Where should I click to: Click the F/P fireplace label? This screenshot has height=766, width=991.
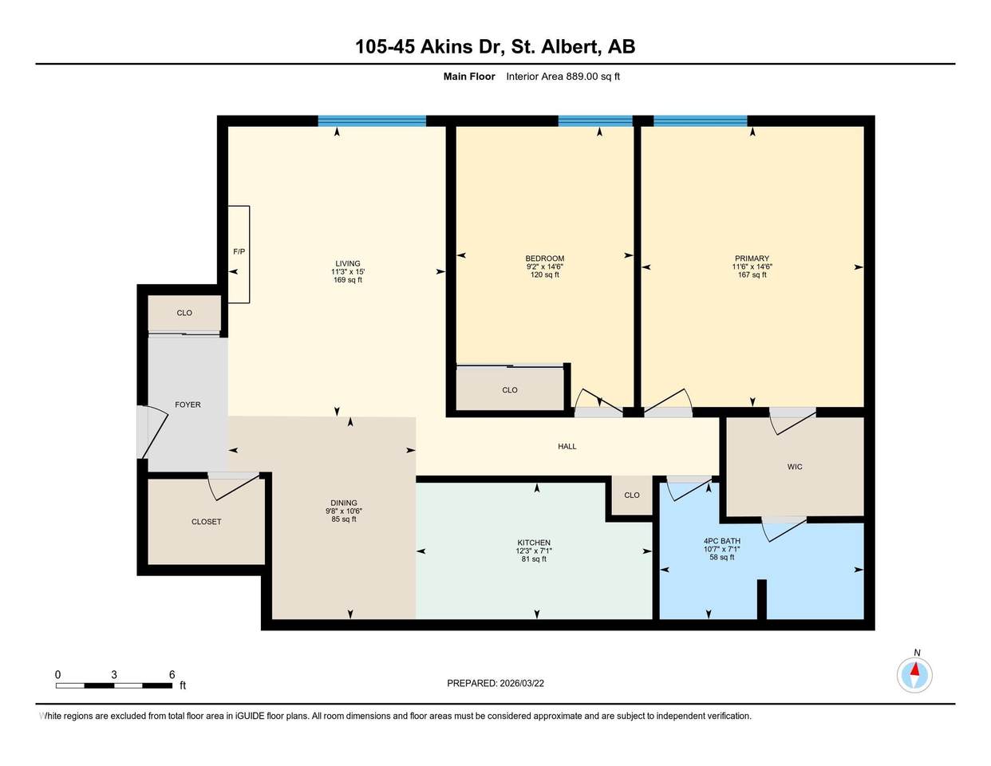point(239,251)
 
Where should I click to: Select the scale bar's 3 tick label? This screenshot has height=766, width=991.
point(114,674)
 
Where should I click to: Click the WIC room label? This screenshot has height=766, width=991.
point(795,467)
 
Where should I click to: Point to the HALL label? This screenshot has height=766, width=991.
point(567,446)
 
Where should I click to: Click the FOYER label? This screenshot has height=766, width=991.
point(188,405)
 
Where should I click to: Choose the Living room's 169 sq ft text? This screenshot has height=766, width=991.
point(348,280)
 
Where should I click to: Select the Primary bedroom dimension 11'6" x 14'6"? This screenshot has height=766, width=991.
point(752,267)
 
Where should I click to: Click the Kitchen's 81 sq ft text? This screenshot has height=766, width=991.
point(534,559)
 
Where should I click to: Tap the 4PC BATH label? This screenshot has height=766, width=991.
point(721,541)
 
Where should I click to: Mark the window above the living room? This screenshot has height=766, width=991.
point(372,120)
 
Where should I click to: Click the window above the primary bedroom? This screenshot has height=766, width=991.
point(700,120)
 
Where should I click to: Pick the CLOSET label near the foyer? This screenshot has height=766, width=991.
point(206,522)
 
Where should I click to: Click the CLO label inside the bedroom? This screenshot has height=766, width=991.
point(509,390)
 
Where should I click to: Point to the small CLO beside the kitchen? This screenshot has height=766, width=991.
point(632,496)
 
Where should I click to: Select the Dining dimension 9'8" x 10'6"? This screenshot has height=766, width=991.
point(343,511)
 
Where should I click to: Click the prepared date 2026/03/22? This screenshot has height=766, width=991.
point(522,683)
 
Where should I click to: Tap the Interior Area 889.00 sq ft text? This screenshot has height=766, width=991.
point(563,77)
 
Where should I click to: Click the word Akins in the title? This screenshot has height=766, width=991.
point(445,46)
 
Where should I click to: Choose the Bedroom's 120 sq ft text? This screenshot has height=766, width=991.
point(544,275)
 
